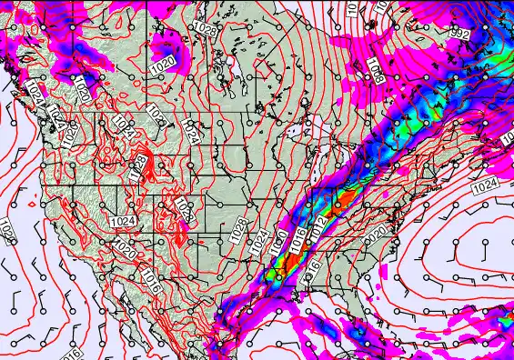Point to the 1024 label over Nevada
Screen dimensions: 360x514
pyautogui.click(x=122, y=221)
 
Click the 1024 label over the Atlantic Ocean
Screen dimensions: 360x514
pyautogui.click(x=487, y=185)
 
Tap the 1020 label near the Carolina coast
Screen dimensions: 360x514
pyautogui.click(x=375, y=235)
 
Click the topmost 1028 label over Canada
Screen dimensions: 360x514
pyautogui.click(x=206, y=30)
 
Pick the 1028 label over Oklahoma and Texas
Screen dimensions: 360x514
pyautogui.click(x=237, y=231)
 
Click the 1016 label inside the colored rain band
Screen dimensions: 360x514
pyautogui.click(x=297, y=239)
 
